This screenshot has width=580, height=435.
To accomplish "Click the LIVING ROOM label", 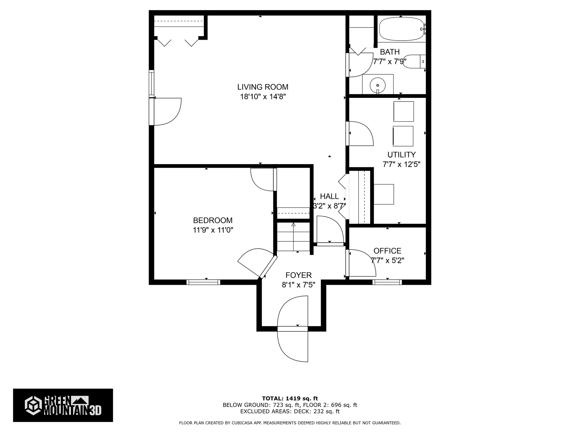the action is [263, 87].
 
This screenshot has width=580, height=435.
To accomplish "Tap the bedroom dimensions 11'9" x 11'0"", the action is [213, 230].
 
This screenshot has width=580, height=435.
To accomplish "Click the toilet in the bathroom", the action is [414, 62].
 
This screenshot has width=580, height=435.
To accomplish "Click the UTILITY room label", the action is [401, 155].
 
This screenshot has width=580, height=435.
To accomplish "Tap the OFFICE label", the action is [387, 251].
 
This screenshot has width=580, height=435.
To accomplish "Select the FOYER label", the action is [298, 275].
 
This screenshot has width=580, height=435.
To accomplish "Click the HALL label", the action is [329, 196].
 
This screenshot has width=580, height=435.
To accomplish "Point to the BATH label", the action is [390, 52].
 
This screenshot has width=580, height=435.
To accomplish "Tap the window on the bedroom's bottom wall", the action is [203, 282].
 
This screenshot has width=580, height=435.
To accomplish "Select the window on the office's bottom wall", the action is [387, 282].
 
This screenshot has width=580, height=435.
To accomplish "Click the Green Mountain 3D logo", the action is [63, 405].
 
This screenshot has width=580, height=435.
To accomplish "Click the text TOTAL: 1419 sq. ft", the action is [290, 398].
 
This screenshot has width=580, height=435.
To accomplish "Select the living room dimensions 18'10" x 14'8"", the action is [263, 97].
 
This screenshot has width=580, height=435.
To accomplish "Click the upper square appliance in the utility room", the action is [404, 111].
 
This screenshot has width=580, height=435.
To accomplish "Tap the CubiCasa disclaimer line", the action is [290, 423].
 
